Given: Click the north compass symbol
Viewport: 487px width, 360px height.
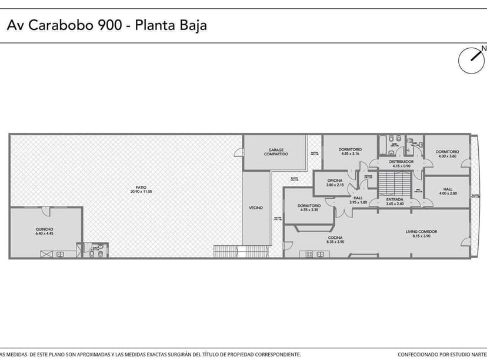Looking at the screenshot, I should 472,61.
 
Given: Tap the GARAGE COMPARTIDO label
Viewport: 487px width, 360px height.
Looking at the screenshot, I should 275,152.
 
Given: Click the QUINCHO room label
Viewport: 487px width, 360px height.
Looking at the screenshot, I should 45,231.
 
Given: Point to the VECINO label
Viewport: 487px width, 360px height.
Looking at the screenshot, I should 255,208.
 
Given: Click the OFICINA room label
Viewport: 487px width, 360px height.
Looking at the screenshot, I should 335,182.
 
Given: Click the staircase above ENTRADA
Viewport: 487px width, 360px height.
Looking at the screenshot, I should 388,183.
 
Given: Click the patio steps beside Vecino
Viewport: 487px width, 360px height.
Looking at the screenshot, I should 224,251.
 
